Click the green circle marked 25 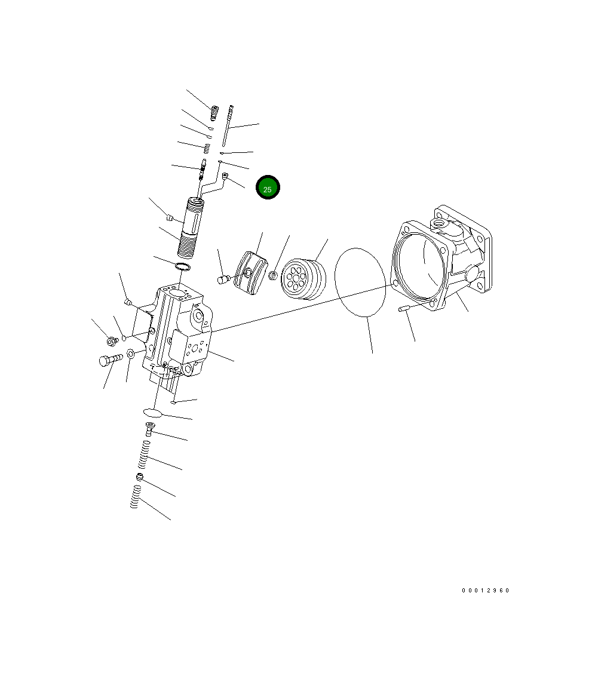coord(268,188)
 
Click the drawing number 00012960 coord(485,591)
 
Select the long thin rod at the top coord(227,125)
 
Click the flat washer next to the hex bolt coord(131,357)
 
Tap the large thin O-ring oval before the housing coord(360,282)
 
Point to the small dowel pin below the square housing coord(403,309)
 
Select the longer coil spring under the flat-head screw coord(143,455)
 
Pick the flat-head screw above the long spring coord(149,428)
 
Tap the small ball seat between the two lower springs coord(140,477)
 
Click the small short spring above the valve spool coord(207,148)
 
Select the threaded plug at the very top coord(214,112)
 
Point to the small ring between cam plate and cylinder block coord(273,276)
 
